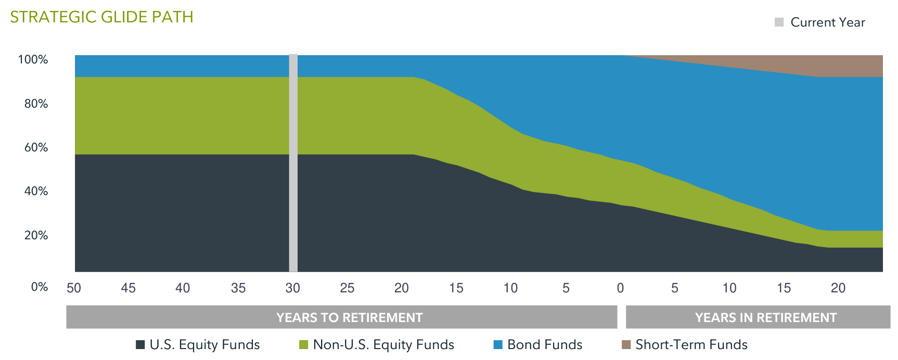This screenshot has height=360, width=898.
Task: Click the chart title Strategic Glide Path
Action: click(x=101, y=17)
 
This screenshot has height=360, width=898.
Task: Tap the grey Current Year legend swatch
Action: click(x=779, y=22)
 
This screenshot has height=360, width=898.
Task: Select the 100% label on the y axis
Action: click(x=33, y=60)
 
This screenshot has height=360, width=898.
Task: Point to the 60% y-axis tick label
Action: click(x=36, y=148)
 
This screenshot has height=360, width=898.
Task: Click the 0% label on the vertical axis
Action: click(x=39, y=287)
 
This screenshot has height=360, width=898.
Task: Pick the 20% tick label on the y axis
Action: click(x=36, y=236)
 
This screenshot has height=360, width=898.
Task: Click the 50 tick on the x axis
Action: click(x=74, y=288)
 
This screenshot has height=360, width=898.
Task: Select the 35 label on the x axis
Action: click(x=238, y=288)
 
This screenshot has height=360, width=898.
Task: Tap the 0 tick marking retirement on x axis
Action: click(x=620, y=288)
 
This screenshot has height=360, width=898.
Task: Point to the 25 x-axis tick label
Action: click(x=347, y=288)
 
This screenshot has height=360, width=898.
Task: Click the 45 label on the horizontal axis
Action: click(x=128, y=288)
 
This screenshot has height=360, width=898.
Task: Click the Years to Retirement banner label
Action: click(x=349, y=317)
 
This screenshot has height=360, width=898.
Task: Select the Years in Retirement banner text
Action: click(x=765, y=317)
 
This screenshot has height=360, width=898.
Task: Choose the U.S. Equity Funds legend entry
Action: click(x=204, y=344)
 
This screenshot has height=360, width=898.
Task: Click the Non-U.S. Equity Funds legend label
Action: click(x=383, y=344)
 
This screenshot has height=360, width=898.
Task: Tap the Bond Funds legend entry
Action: click(x=544, y=344)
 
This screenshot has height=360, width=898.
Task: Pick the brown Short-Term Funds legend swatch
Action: click(x=626, y=344)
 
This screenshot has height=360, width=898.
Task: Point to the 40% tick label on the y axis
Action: click(x=36, y=191)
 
